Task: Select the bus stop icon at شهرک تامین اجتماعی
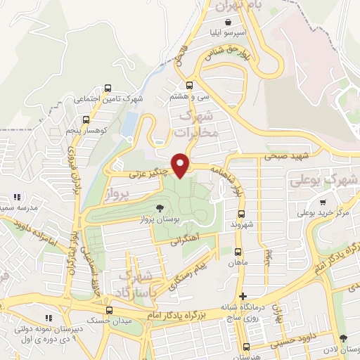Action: pyautogui.click(x=108, y=88)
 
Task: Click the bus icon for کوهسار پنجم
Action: pyautogui.click(x=86, y=119)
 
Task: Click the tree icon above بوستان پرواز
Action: pyautogui.click(x=161, y=207)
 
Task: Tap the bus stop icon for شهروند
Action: pyautogui.click(x=240, y=212)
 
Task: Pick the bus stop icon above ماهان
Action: pyautogui.click(x=237, y=250)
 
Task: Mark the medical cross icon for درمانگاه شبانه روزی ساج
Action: pyautogui.click(x=243, y=297)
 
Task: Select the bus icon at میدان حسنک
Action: pyautogui.click(x=108, y=310)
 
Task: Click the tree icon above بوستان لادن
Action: pyautogui.click(x=342, y=338)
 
